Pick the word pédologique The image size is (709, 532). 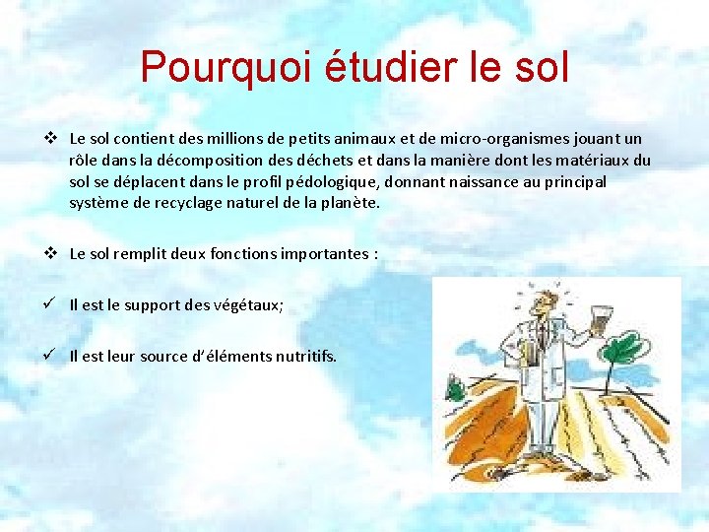333,181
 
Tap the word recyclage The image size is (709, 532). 170,202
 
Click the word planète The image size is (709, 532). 350,202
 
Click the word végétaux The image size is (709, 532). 248,305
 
